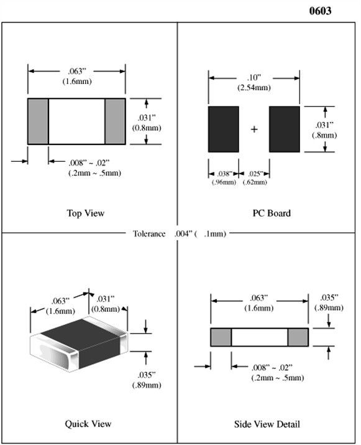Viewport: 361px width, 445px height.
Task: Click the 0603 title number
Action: click(x=320, y=11)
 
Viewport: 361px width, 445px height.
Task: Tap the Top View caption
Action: click(x=86, y=213)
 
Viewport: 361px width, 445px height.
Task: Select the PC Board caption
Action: click(x=272, y=213)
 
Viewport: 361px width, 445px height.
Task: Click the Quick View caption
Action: click(x=88, y=424)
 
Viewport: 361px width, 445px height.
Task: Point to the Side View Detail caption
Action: click(x=267, y=424)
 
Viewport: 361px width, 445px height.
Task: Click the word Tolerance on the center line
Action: click(x=149, y=233)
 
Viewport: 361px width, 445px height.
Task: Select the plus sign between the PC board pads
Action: click(x=254, y=129)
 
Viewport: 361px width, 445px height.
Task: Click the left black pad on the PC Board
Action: click(x=224, y=129)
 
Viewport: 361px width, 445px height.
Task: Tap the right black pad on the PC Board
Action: click(x=285, y=129)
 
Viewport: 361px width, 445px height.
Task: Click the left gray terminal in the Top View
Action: click(x=38, y=121)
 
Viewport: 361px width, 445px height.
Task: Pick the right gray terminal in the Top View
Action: click(x=115, y=121)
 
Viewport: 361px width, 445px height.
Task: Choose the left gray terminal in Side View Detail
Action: click(x=221, y=337)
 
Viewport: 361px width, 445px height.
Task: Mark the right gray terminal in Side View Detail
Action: click(x=298, y=337)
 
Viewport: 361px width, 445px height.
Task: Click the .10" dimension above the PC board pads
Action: click(x=254, y=77)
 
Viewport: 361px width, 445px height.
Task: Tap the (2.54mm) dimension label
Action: click(x=254, y=87)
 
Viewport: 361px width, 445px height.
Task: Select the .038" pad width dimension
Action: click(x=225, y=174)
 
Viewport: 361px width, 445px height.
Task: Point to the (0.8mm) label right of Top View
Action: click(x=147, y=128)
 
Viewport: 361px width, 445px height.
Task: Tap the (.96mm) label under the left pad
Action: click(x=224, y=182)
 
